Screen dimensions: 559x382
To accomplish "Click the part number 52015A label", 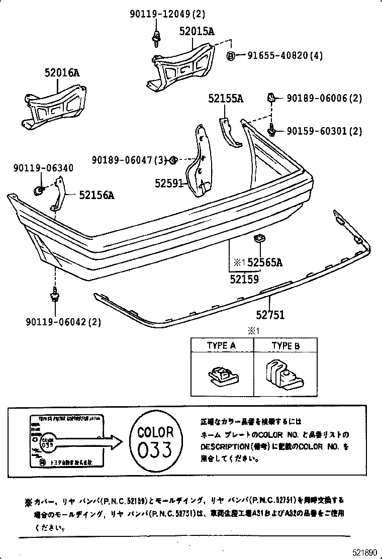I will [x=197, y=31].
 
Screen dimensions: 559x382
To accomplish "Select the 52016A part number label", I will [x=62, y=73].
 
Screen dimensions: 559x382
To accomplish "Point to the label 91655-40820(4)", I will [x=285, y=56].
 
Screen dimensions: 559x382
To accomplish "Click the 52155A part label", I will [x=226, y=99].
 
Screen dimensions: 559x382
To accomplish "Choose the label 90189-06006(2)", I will [x=324, y=99].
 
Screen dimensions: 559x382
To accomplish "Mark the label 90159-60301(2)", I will [x=324, y=131].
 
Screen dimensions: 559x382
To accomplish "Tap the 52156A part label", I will [x=97, y=195].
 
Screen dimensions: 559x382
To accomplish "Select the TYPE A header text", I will [x=222, y=346].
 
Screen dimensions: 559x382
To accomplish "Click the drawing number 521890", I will [x=363, y=552].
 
